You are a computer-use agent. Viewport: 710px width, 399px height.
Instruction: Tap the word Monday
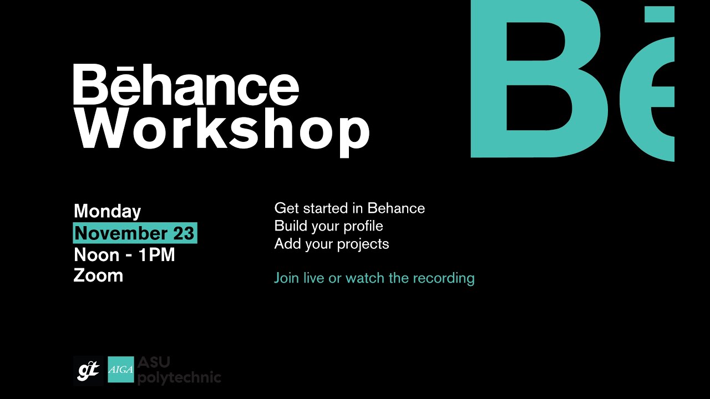coord(108,211)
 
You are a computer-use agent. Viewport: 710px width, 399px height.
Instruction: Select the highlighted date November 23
coord(135,233)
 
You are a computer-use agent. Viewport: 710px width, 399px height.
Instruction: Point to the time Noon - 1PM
coord(124,255)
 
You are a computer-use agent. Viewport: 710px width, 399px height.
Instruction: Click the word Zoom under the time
coord(98,275)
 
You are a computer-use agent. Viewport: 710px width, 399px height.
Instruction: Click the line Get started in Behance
coord(349,208)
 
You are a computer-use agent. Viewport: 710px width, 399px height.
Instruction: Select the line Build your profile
coord(328,226)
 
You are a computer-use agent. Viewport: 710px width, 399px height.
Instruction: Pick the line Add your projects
coord(332,244)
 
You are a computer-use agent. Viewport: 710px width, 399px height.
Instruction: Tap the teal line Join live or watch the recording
coord(374,278)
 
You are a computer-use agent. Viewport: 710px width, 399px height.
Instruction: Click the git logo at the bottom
coord(88,370)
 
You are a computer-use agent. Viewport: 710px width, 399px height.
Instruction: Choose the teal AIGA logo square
coord(121,370)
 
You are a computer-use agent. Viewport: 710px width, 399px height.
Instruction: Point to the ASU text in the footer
coord(154,363)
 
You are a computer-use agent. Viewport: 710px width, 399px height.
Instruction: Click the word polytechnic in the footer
coord(179,377)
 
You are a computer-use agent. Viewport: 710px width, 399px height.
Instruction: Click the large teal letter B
coord(535,80)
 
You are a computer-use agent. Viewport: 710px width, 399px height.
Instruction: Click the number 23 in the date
coord(184,233)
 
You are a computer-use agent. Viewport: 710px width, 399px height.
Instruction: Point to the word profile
coord(363,226)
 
